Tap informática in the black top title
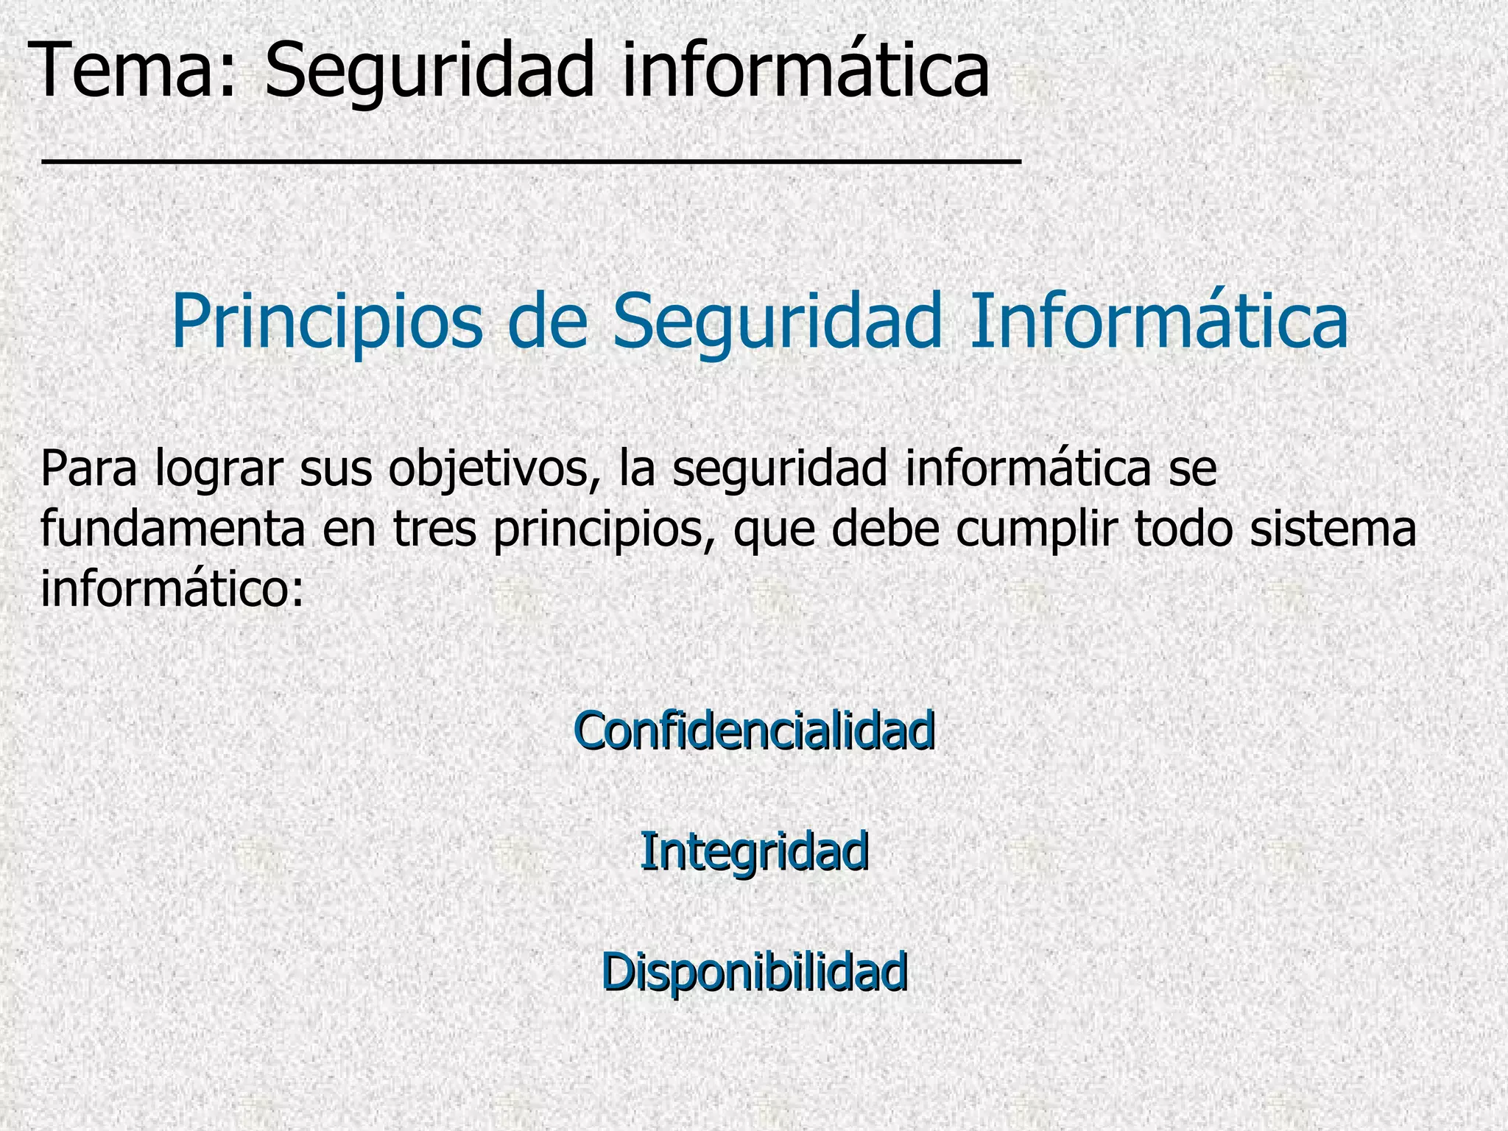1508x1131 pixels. pos(806,71)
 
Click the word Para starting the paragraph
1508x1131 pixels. pos(88,469)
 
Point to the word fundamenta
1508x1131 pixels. pos(172,529)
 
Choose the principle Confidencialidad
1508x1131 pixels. pos(754,731)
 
